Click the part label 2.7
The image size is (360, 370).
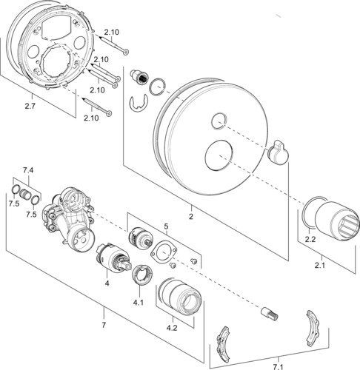click(x=30, y=107)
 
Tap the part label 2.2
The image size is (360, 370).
click(x=310, y=239)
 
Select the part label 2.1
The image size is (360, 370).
click(x=320, y=266)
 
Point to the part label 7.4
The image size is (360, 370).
click(x=28, y=170)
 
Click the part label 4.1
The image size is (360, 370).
click(x=139, y=303)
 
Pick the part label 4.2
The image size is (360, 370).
click(x=172, y=328)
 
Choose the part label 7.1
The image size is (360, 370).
click(x=278, y=367)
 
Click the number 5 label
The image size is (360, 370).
click(x=166, y=226)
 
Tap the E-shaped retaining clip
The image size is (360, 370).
click(x=139, y=103)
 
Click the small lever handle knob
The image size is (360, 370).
click(x=278, y=152)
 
